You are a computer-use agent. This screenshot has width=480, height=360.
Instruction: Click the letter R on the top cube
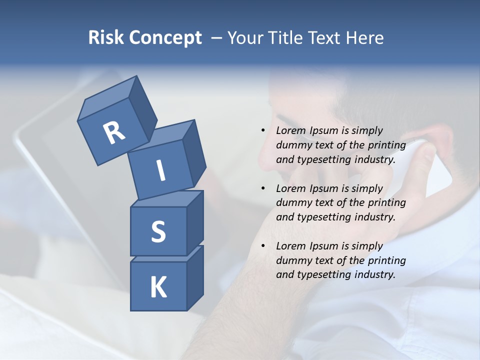[114, 132]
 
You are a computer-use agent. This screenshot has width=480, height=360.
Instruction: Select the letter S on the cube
[158, 231]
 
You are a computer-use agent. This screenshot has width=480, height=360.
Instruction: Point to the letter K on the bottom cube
[158, 287]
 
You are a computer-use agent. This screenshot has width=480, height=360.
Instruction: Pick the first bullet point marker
[263, 130]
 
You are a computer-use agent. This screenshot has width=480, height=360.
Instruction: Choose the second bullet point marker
[263, 188]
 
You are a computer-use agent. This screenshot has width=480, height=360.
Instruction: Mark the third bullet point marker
[263, 246]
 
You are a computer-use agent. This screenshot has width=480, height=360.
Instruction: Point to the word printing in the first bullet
[386, 145]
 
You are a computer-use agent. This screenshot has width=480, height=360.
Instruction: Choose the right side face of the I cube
[194, 152]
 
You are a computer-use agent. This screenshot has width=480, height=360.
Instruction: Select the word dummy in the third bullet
[293, 260]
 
